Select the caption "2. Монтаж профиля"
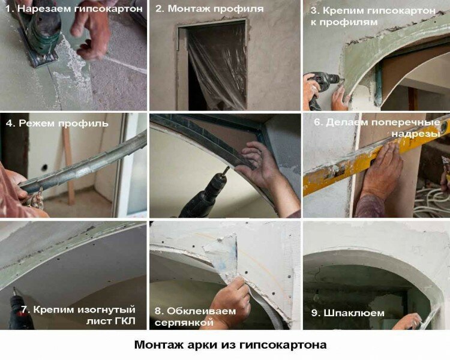209,8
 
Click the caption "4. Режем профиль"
57,124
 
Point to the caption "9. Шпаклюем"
348,313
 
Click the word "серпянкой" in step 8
184,322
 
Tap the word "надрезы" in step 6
416,134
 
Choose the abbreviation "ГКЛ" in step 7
125,321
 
